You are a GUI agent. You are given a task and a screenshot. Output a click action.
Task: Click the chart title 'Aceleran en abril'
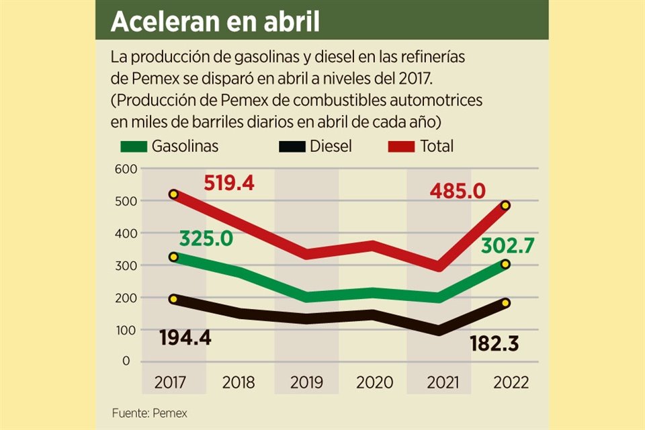point(214,21)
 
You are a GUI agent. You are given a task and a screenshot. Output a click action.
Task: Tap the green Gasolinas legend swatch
point(132,146)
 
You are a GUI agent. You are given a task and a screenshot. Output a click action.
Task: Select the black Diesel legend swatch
point(290,146)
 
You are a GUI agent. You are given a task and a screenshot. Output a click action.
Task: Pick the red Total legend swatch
point(400,146)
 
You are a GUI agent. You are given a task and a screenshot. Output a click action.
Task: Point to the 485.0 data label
point(458,191)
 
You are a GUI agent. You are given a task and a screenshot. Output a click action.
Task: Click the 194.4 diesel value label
point(185,337)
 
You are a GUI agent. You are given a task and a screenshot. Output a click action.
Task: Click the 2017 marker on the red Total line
point(173,194)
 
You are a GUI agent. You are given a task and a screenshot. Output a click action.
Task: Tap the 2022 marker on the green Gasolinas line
point(505,265)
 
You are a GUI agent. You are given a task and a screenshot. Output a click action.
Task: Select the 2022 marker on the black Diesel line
point(505,303)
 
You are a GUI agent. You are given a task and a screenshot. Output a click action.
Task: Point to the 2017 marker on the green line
point(173,257)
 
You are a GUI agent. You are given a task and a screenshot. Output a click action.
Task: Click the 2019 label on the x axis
point(306,383)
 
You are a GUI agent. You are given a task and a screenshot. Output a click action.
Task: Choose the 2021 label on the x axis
point(443,383)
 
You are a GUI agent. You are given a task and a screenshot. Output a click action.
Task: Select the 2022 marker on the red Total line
point(505,206)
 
